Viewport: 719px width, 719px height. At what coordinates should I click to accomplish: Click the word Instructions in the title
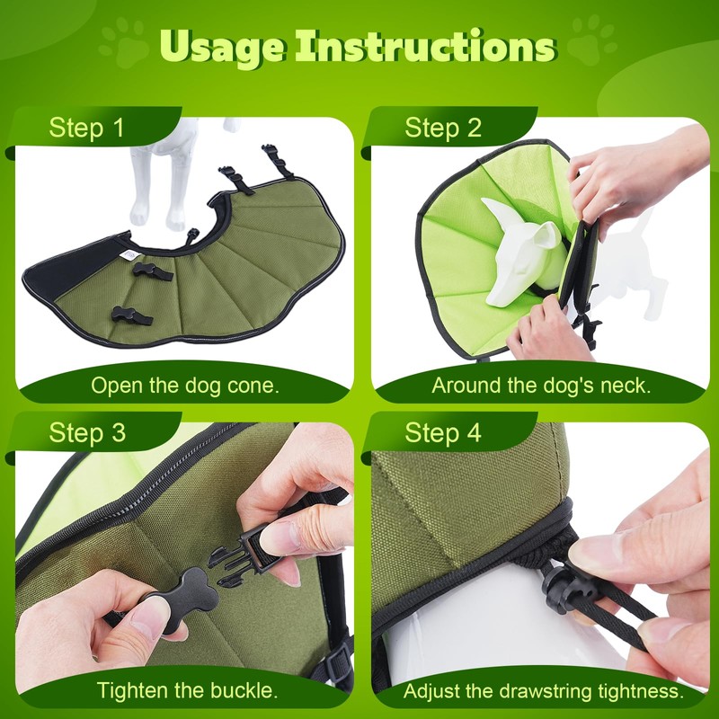tap(425, 46)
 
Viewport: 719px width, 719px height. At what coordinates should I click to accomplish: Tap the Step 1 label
tap(86, 128)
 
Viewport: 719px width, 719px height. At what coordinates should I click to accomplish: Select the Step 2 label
tap(443, 128)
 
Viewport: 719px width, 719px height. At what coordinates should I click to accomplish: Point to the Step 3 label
tap(87, 432)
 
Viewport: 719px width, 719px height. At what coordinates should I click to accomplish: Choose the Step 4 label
tap(443, 432)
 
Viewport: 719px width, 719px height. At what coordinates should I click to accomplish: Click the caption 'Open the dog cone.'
tap(185, 386)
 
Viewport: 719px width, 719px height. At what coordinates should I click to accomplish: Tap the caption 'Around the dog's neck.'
tap(541, 386)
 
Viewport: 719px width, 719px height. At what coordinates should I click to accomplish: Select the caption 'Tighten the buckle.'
tap(187, 690)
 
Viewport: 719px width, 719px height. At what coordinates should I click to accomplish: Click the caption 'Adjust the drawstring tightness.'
tap(544, 691)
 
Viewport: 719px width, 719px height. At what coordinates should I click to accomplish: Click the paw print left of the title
tap(124, 42)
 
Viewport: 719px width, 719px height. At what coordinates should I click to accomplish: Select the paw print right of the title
tap(593, 40)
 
